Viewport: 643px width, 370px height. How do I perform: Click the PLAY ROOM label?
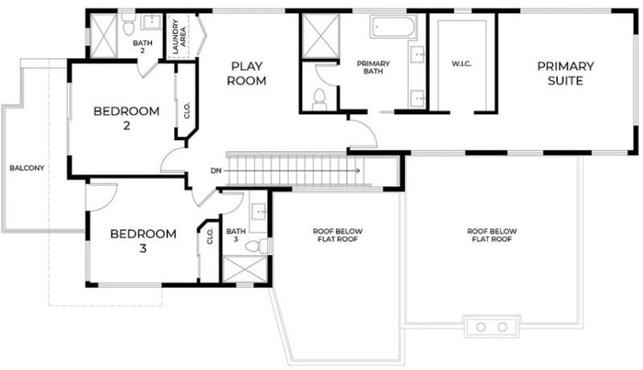point(247,73)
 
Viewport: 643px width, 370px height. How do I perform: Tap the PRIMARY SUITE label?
point(566,73)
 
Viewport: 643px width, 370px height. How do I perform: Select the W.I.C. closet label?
point(461,64)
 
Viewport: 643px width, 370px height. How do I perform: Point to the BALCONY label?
point(27,168)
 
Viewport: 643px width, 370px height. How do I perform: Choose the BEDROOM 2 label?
point(126,118)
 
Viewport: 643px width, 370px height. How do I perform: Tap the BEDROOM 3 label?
point(143,240)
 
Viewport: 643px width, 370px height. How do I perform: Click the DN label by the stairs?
point(216,171)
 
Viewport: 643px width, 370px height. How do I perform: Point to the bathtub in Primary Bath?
point(393,27)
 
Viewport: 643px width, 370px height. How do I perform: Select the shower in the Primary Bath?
point(321,36)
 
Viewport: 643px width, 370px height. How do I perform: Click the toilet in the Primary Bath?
point(319,100)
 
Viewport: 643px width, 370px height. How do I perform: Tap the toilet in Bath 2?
point(129,25)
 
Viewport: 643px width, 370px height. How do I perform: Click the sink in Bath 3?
point(259,212)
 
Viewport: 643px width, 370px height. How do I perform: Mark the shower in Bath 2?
point(104,36)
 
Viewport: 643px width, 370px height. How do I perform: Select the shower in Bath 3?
point(245,269)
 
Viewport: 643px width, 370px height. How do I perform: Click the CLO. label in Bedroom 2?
point(187,110)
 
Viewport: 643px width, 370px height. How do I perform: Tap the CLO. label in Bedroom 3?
point(211,236)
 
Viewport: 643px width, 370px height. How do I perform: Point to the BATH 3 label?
point(235,235)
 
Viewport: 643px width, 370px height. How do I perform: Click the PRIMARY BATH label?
point(373,68)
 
